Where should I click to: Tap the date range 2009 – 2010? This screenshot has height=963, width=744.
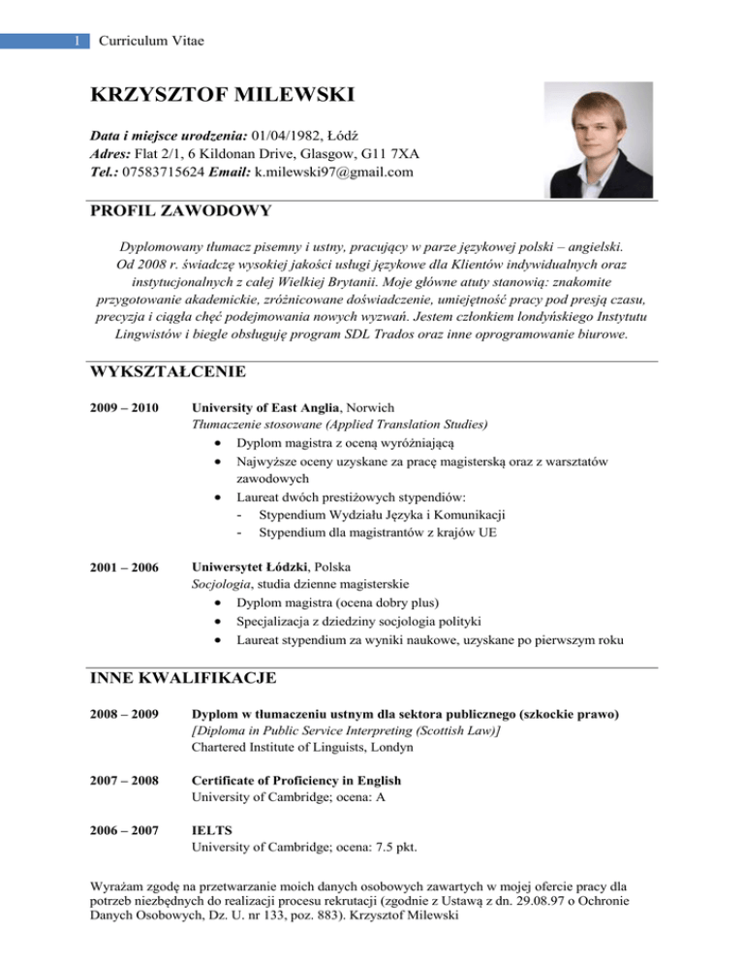click(x=123, y=407)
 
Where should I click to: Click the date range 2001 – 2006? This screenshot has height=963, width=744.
click(x=123, y=565)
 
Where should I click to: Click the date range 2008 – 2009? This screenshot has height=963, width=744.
click(x=123, y=715)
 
